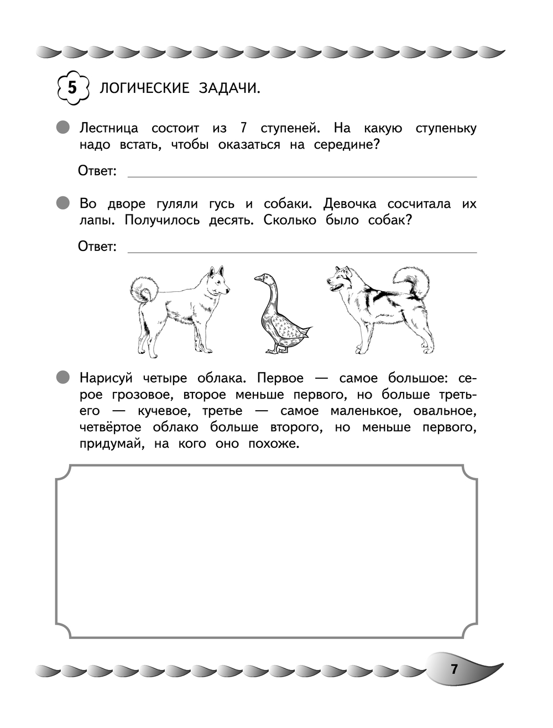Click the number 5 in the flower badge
72,87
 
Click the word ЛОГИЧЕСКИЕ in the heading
144,88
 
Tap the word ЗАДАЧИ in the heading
229,88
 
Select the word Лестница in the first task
109,128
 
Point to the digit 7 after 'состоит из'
243,128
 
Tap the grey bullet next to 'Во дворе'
64,203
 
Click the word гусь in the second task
222,204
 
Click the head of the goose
264,279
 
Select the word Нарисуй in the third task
106,379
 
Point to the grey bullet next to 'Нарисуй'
64,378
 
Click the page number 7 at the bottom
455,669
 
